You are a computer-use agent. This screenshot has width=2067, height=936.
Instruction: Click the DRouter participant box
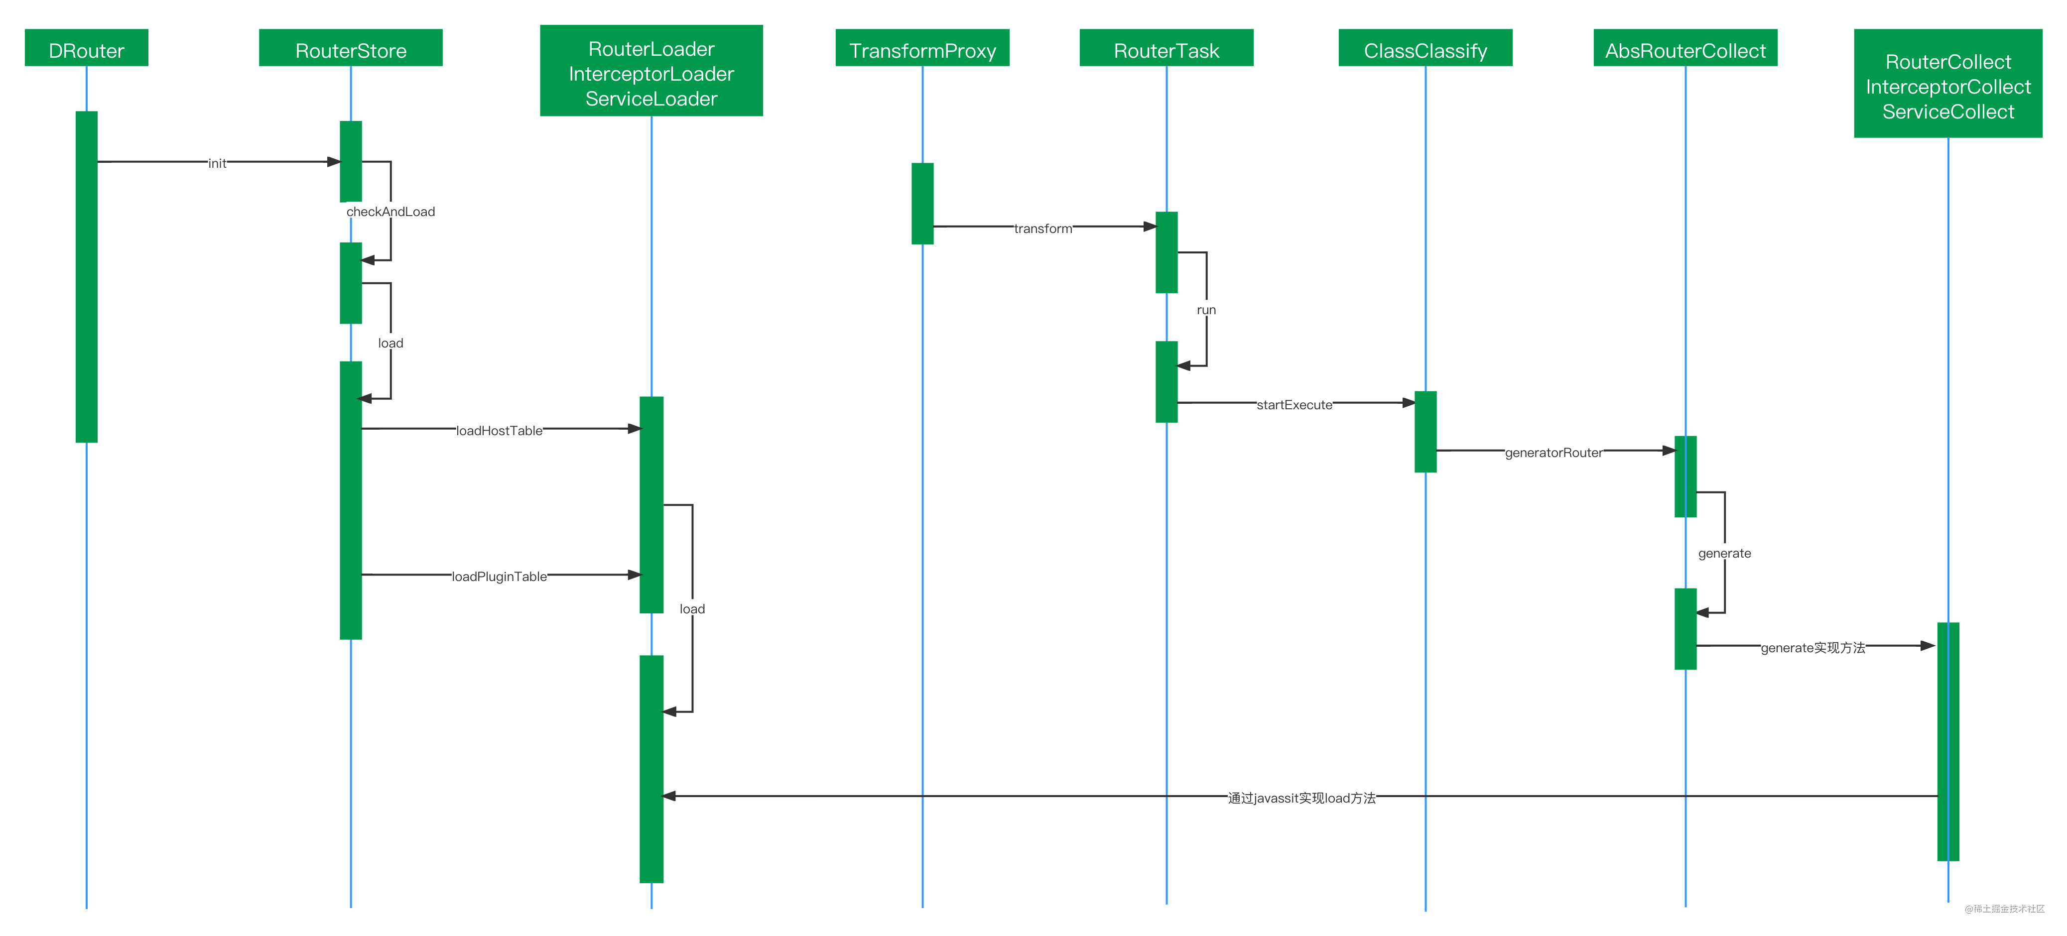tap(87, 48)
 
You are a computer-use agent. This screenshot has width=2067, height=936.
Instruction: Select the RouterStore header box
tap(351, 48)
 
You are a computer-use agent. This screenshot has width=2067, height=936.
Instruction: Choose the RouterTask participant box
tap(1166, 48)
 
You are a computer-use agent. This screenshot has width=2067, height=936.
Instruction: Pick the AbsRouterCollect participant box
tap(1685, 48)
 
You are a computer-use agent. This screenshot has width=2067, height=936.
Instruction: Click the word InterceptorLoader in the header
tap(651, 74)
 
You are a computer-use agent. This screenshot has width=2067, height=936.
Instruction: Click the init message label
tap(217, 163)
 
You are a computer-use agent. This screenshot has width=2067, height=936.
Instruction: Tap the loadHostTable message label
tap(499, 430)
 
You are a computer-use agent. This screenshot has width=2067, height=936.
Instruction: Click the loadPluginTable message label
tap(499, 576)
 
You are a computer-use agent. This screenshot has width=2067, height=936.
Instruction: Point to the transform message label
tap(1042, 229)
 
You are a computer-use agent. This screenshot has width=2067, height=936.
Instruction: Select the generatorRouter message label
tap(1553, 453)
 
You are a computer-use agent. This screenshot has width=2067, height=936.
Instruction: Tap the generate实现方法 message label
tap(1812, 647)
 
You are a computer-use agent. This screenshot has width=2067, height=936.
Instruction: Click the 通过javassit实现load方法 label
tap(1301, 797)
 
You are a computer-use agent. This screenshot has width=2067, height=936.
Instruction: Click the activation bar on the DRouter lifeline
tap(87, 277)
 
